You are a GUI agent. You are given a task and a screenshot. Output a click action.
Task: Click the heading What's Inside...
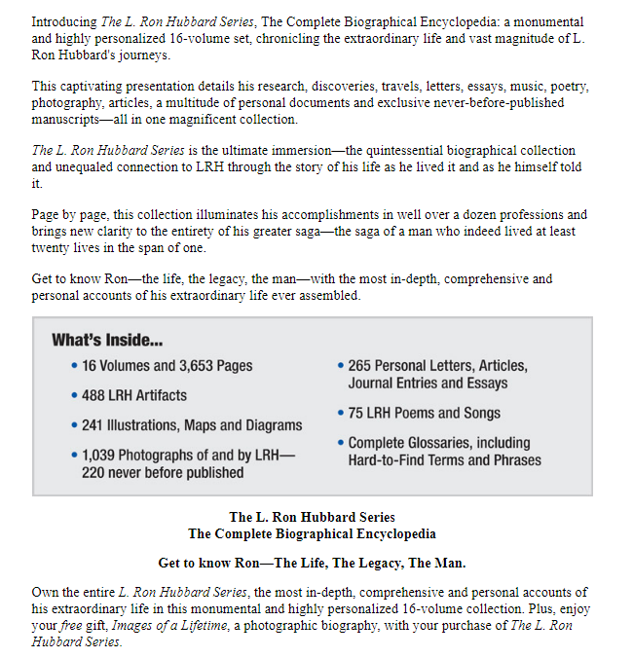(107, 341)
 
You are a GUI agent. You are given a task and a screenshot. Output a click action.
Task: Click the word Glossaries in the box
(440, 443)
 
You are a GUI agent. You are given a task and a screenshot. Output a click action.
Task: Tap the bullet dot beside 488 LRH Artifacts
(76, 396)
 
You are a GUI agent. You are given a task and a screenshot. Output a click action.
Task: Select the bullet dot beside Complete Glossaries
(340, 443)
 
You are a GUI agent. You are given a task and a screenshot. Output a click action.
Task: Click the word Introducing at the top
(63, 21)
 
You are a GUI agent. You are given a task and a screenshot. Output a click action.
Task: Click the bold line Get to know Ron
(312, 563)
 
